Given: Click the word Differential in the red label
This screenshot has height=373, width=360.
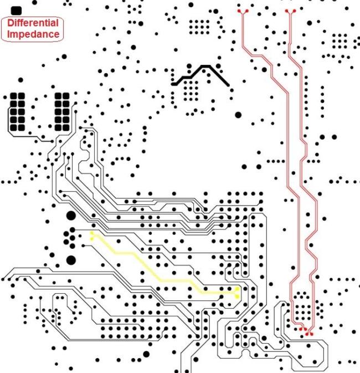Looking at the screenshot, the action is pos(33,23).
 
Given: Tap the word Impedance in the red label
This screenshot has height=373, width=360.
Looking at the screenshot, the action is pos(33,34).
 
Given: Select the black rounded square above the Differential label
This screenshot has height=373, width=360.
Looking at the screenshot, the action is pos(16,11).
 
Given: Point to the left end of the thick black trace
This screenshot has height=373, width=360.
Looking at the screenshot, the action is pos(172,84).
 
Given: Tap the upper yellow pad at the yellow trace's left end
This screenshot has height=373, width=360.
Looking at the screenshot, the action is pos(92,233).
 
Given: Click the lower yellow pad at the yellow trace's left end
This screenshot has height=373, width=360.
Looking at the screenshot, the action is pos(92,238).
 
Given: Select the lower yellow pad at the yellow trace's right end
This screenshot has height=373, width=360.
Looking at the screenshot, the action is pos(237,297).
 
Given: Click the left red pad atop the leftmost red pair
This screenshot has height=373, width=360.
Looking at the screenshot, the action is pos(239,11).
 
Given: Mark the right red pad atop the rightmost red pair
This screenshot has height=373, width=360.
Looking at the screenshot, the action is pos(295,11).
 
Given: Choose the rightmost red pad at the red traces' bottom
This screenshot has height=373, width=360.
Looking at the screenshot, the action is pos(312,334).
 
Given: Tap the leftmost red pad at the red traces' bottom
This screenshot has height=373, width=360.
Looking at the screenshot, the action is pos(301,329).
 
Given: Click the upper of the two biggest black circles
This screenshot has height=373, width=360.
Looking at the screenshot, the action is pos(71,216).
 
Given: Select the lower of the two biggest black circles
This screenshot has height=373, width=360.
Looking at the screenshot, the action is pos(71,260).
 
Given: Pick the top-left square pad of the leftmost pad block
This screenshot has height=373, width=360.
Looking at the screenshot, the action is pos(13,96).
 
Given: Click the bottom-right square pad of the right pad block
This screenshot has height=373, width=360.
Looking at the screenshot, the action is pos(66,127).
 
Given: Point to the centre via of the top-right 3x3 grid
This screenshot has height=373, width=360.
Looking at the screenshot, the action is pos(340,41).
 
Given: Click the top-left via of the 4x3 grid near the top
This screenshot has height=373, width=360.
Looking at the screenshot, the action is pos(191,22).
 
